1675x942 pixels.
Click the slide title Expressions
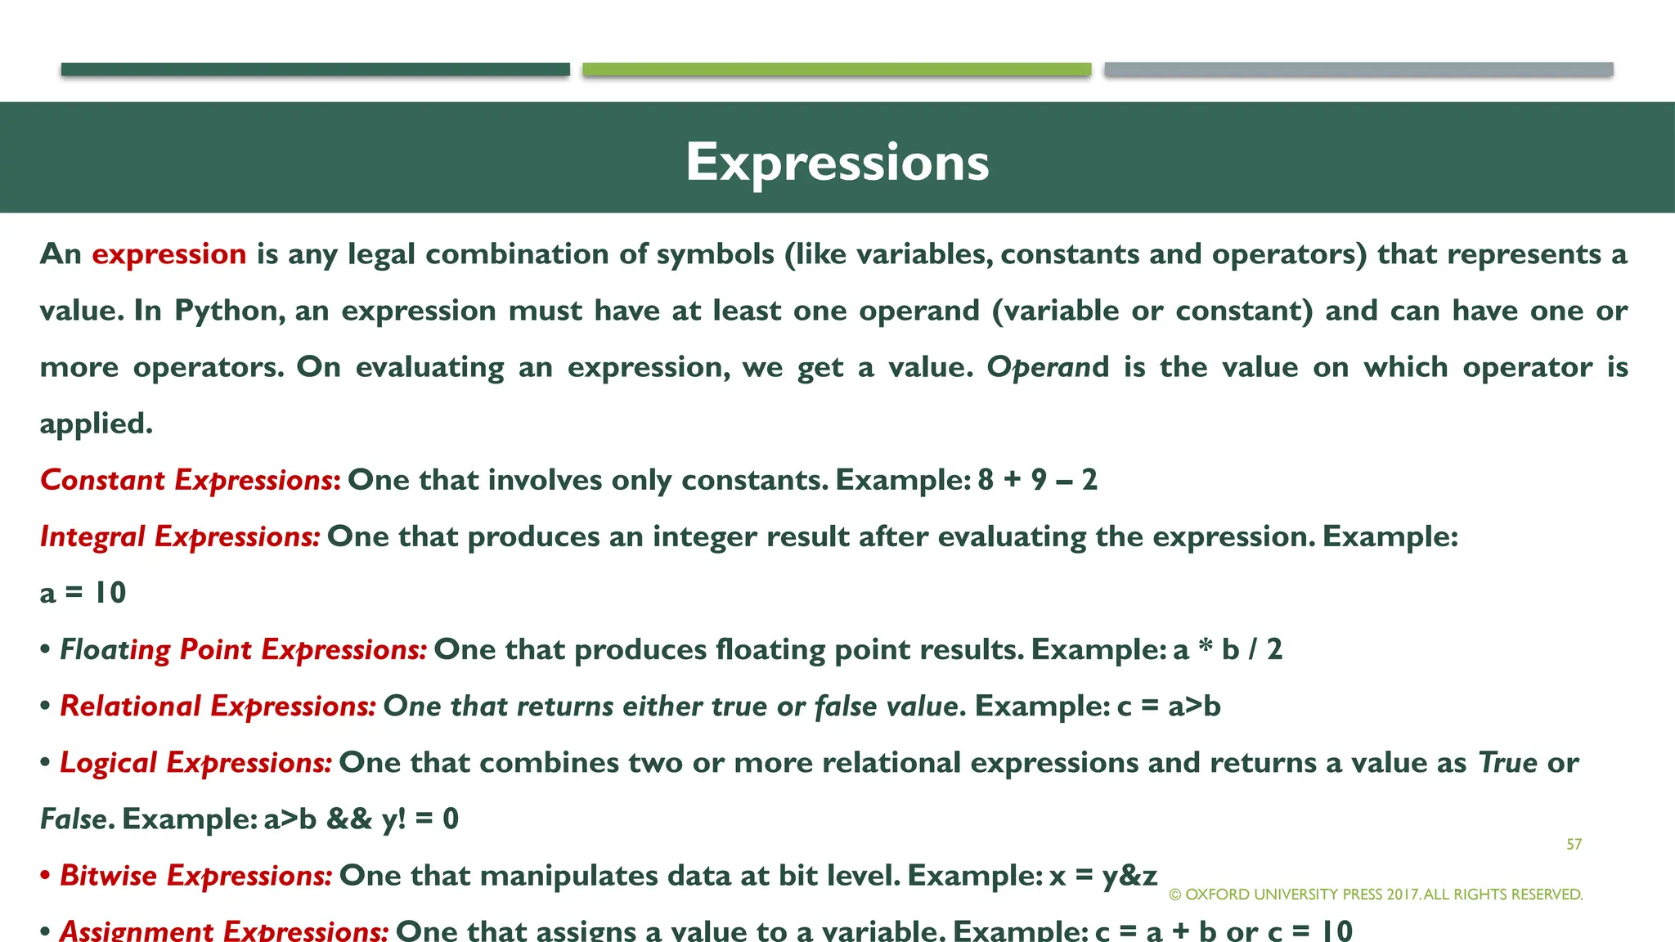point(837,162)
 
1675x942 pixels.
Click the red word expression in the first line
point(168,254)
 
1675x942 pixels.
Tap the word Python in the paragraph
point(229,311)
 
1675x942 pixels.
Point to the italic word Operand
point(1048,367)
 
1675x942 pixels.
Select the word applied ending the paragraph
point(96,424)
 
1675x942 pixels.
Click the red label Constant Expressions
point(190,480)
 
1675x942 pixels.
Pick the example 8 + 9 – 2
point(1037,480)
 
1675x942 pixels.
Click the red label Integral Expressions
point(180,536)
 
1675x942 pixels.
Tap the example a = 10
point(83,593)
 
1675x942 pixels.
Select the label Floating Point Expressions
point(243,649)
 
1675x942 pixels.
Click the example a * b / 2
point(1227,649)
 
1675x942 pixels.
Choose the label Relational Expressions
point(218,706)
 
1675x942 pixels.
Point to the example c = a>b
point(1169,706)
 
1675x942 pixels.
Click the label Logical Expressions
point(195,762)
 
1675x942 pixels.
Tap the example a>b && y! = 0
point(361,819)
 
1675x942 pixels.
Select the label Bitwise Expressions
point(195,875)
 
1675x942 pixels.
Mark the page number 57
point(1574,844)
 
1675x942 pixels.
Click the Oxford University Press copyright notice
point(1376,895)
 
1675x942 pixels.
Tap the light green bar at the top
point(837,70)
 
